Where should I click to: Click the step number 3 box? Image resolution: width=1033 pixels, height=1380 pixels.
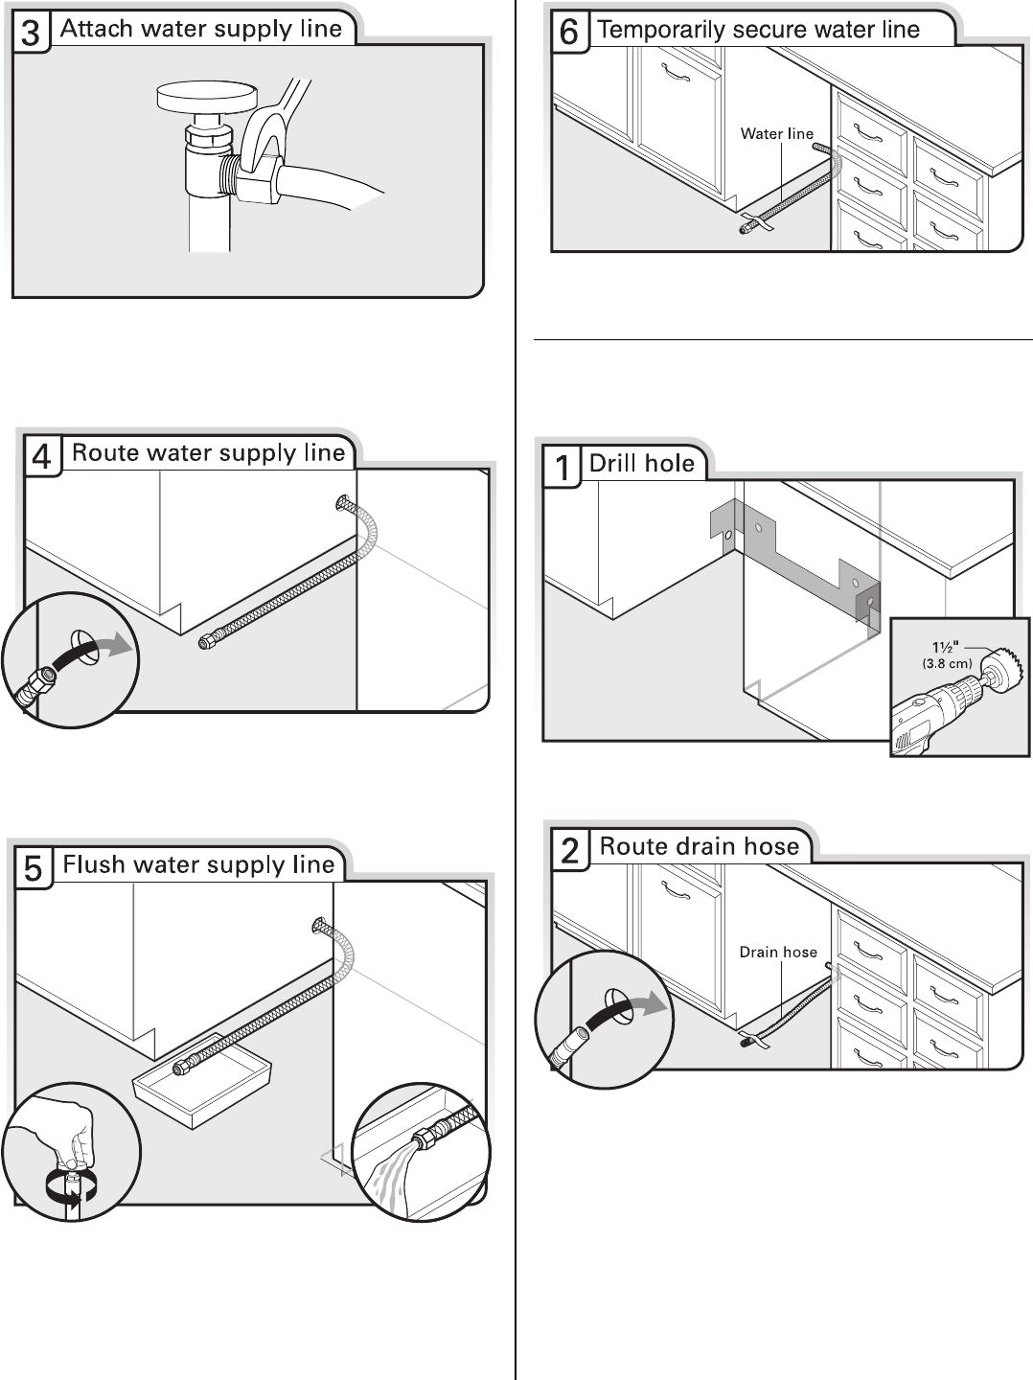[31, 34]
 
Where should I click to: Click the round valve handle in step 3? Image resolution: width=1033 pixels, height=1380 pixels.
[207, 97]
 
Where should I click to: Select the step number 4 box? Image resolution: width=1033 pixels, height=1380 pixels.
[42, 456]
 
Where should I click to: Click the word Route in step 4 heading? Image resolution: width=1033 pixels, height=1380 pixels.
[104, 452]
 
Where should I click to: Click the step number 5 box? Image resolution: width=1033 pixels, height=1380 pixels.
[33, 868]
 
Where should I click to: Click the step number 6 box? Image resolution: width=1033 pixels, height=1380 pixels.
[568, 32]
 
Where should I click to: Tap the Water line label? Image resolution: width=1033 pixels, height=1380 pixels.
[776, 134]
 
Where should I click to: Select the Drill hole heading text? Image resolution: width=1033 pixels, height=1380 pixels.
[641, 464]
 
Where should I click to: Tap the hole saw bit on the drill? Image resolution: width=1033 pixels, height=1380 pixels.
[1005, 662]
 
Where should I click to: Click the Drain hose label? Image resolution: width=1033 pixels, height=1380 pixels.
[778, 952]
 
